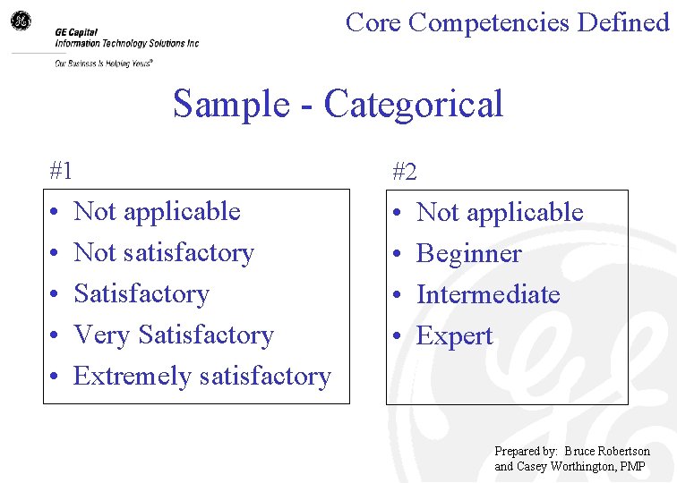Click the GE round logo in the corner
click(x=20, y=20)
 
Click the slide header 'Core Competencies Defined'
click(x=507, y=21)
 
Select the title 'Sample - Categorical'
click(x=338, y=104)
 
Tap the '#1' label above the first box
click(x=61, y=169)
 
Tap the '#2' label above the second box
click(x=404, y=171)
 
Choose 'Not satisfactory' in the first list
click(x=164, y=253)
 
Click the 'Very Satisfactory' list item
click(x=174, y=335)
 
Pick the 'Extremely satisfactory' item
click(x=202, y=377)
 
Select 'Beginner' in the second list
click(x=468, y=254)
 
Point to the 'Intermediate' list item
click(x=488, y=295)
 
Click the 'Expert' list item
click(x=455, y=336)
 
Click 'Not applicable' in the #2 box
click(x=500, y=213)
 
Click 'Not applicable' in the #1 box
click(x=157, y=212)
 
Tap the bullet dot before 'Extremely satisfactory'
click(x=55, y=377)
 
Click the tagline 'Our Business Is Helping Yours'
click(x=102, y=64)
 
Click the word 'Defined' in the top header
click(x=623, y=21)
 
